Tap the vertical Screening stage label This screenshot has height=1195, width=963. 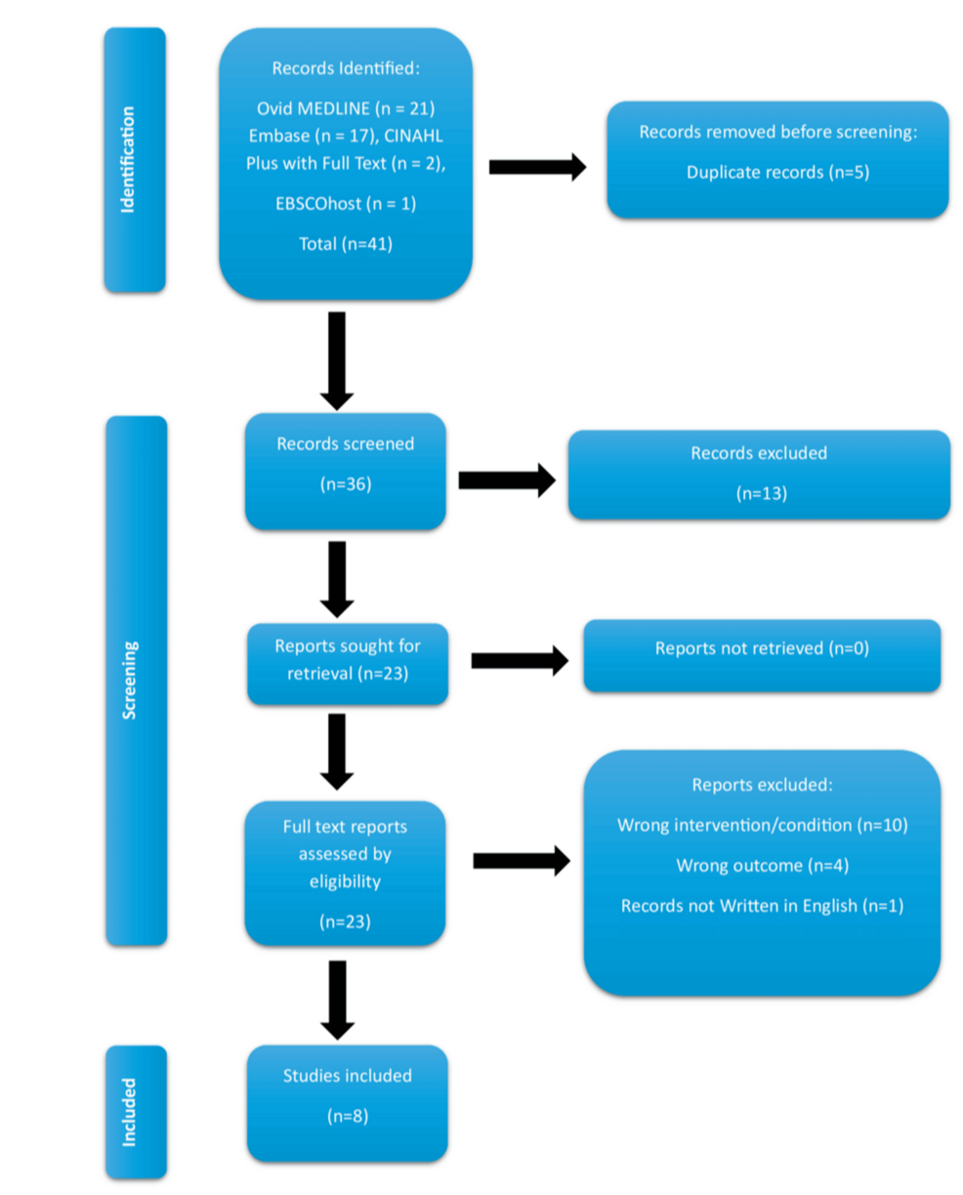135,680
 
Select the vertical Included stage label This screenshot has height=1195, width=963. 135,1111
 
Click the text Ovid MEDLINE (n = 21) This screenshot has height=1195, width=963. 345,107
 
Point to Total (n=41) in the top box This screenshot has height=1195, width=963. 345,243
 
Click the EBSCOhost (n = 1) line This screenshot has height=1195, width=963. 345,205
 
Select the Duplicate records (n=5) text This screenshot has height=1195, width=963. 777,172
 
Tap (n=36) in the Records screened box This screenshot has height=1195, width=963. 345,484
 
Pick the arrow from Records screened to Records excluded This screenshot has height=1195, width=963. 506,479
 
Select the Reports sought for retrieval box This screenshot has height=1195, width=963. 348,659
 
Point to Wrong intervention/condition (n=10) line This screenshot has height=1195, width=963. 762,825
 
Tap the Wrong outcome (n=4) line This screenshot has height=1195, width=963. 762,865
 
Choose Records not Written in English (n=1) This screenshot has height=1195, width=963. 762,906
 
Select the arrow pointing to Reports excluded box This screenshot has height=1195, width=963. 521,860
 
